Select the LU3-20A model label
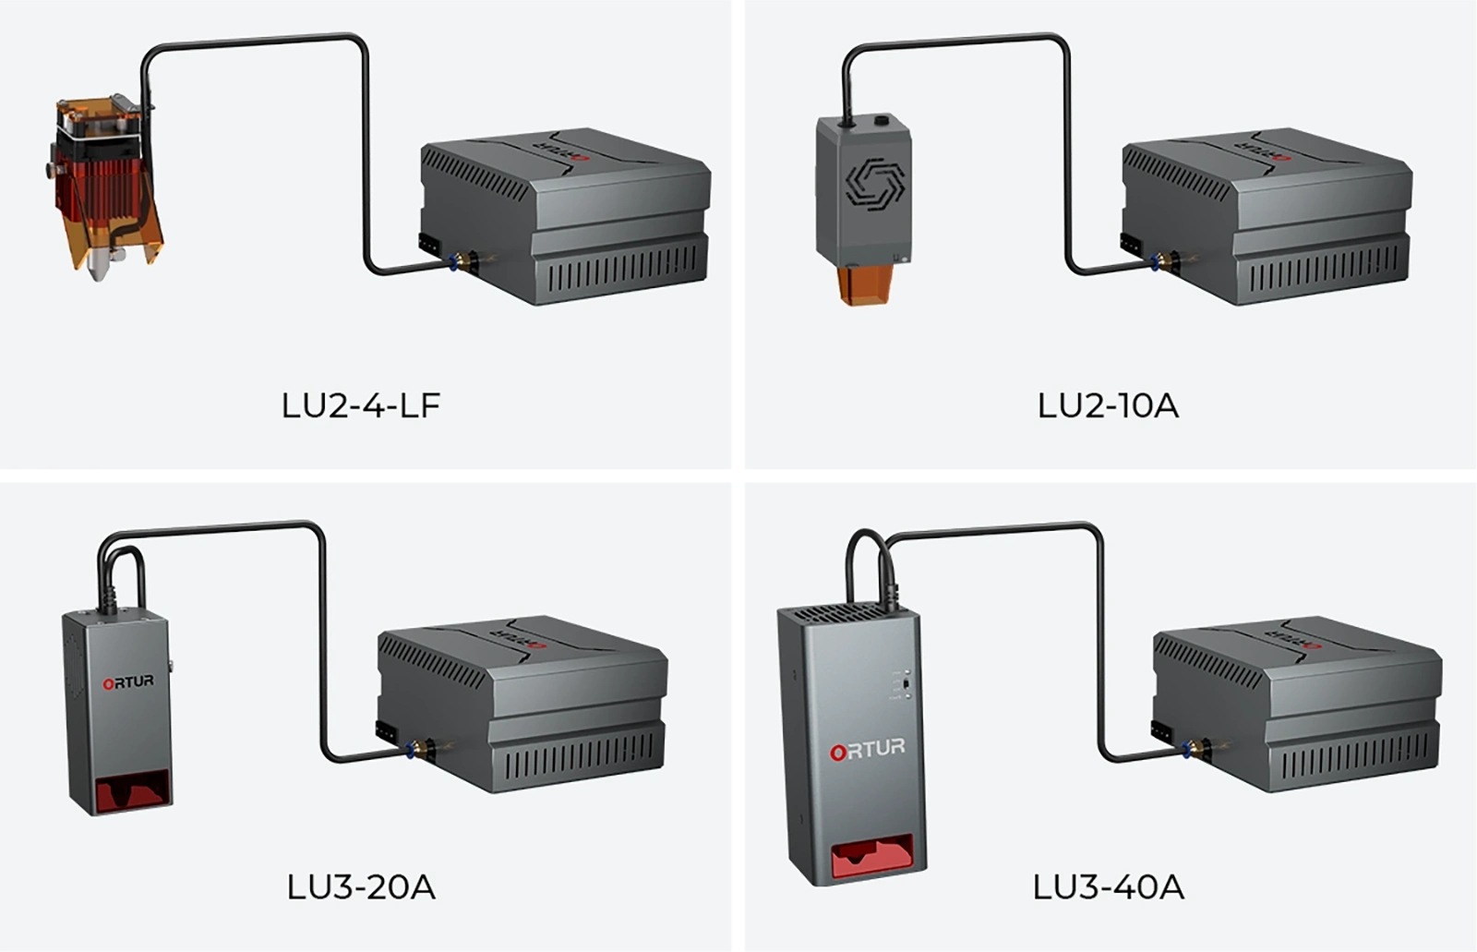pyautogui.click(x=361, y=887)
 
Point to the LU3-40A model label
pyautogui.click(x=1108, y=887)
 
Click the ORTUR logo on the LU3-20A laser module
pyautogui.click(x=128, y=682)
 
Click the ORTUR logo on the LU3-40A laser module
pyautogui.click(x=868, y=748)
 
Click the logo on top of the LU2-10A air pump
pyautogui.click(x=1260, y=145)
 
